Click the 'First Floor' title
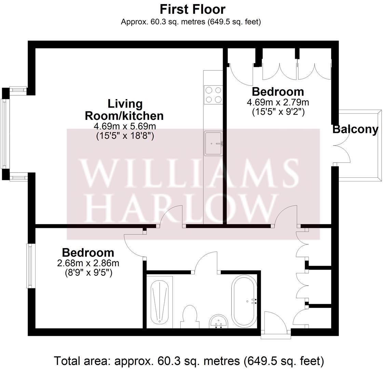[192, 10]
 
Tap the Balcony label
[355, 129]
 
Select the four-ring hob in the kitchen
[213, 95]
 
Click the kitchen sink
[214, 143]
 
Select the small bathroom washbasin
[219, 321]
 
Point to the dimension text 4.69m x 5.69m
[125, 126]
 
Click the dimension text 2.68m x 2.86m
[88, 263]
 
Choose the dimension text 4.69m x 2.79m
[278, 102]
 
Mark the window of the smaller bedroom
[30, 266]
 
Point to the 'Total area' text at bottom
[189, 361]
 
